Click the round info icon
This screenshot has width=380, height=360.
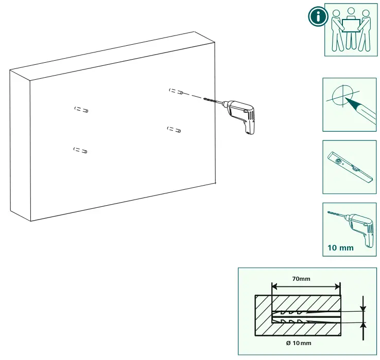tap(318, 16)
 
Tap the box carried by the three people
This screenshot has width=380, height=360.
tap(351, 25)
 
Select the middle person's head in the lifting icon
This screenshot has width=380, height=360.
tap(351, 11)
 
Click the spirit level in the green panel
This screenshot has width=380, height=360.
tap(350, 167)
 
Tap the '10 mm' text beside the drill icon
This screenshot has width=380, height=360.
tap(340, 248)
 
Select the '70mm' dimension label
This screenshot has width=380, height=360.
tap(301, 279)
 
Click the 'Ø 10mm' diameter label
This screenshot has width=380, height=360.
tap(299, 343)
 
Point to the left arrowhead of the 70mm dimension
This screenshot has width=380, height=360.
tap(274, 287)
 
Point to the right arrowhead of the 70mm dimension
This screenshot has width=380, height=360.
tap(338, 287)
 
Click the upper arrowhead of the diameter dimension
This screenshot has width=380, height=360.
tap(363, 309)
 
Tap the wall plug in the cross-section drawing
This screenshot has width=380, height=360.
tap(306, 317)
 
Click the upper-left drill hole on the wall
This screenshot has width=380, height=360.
tap(81, 110)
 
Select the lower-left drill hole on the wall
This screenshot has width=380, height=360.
tap(80, 150)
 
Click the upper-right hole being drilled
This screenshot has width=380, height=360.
tap(176, 91)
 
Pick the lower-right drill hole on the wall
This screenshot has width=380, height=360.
tap(174, 130)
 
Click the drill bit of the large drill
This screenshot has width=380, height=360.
tap(213, 101)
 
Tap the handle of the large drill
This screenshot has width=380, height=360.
tap(249, 125)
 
